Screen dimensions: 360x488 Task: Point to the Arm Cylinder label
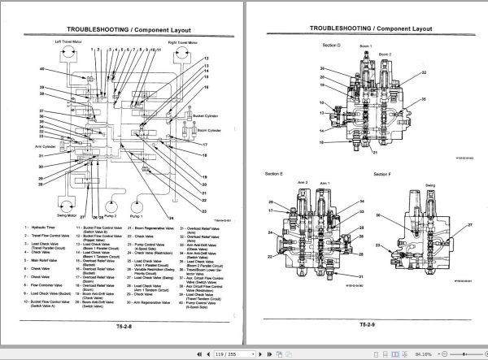[x=33, y=147]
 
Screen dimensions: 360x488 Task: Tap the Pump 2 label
[x=111, y=217]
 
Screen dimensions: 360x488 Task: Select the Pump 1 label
[x=136, y=217]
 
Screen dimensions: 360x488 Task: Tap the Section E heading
[x=274, y=174]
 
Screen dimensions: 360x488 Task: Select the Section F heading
[x=383, y=174]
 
